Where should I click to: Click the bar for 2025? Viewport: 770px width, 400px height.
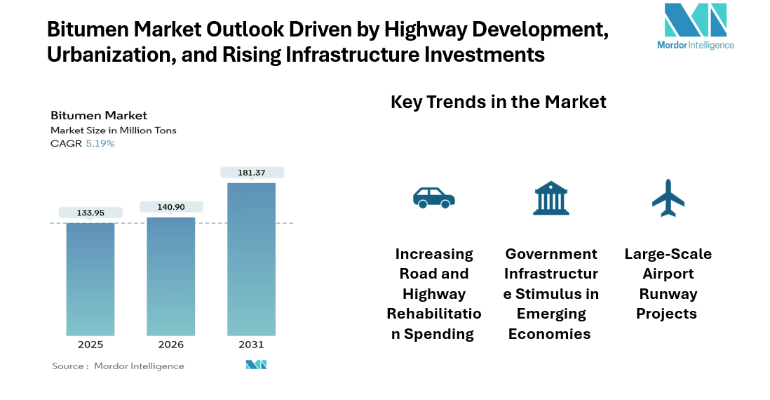pyautogui.click(x=90, y=279)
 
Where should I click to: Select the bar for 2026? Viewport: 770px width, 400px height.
pyautogui.click(x=170, y=276)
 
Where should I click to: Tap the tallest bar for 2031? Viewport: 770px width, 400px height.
pyautogui.click(x=251, y=259)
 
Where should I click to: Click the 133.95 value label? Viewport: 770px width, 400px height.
pyautogui.click(x=90, y=213)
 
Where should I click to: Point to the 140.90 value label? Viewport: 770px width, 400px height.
pyautogui.click(x=171, y=207)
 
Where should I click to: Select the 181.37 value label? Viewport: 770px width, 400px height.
pyautogui.click(x=252, y=173)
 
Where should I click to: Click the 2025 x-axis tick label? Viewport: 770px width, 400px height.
pyautogui.click(x=90, y=345)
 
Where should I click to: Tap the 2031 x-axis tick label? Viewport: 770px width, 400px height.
pyautogui.click(x=251, y=345)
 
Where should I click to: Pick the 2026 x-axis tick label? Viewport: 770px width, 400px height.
pyautogui.click(x=170, y=345)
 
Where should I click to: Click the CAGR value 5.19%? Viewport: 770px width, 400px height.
pyautogui.click(x=100, y=143)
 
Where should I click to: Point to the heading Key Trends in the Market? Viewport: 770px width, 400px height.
pyautogui.click(x=498, y=102)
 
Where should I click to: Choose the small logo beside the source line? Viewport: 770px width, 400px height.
pyautogui.click(x=256, y=366)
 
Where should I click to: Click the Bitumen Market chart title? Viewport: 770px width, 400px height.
pyautogui.click(x=98, y=116)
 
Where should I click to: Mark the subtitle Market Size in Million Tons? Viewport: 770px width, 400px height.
pyautogui.click(x=113, y=131)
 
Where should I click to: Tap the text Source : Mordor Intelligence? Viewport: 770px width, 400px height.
pyautogui.click(x=118, y=366)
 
